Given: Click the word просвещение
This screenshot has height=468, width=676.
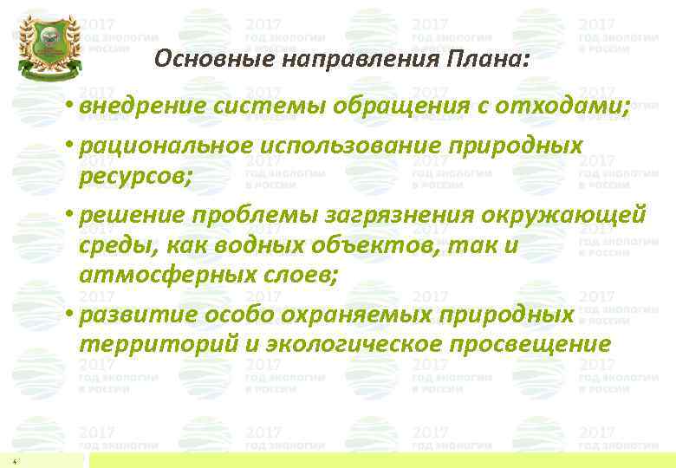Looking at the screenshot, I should (x=534, y=345).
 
